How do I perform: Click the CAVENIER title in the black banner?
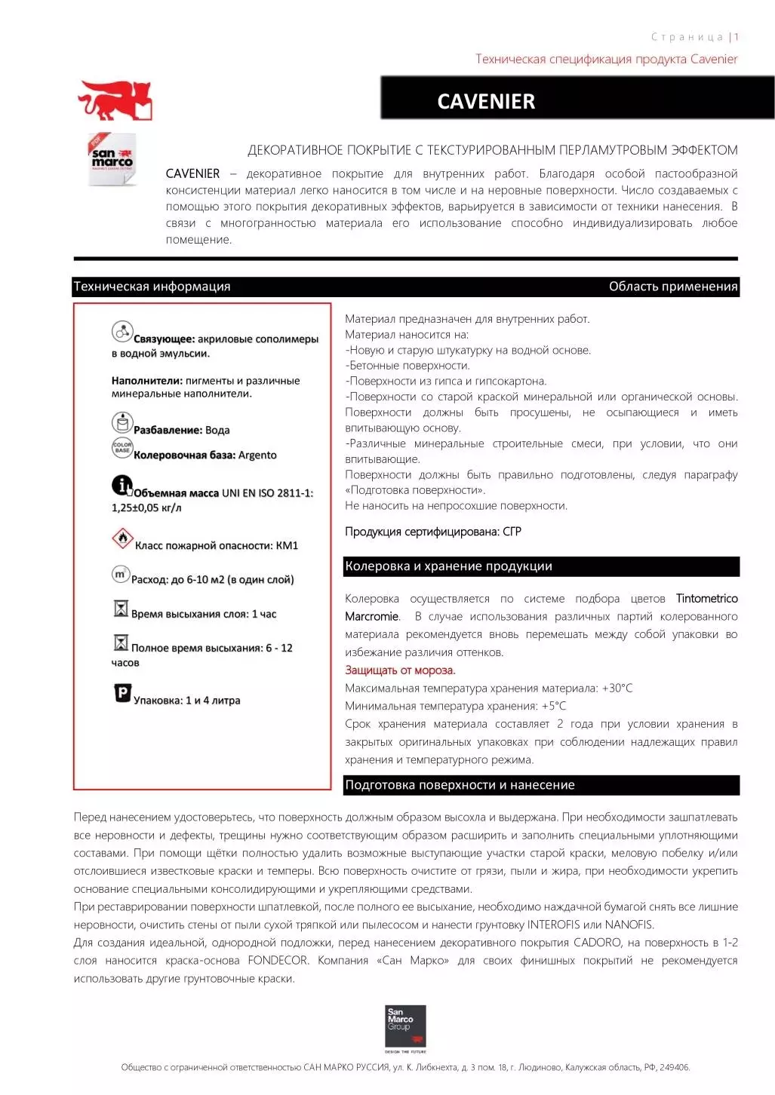pyautogui.click(x=486, y=101)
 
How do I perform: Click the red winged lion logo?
pyautogui.click(x=115, y=101)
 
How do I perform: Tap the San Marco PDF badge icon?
pyautogui.click(x=112, y=159)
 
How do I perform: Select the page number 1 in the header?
pyautogui.click(x=736, y=37)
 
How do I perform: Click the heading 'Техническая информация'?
pyautogui.click(x=152, y=287)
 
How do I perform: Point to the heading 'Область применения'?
pyautogui.click(x=672, y=287)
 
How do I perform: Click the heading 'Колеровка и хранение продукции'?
pyautogui.click(x=448, y=566)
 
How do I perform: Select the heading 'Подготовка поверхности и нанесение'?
pyautogui.click(x=460, y=785)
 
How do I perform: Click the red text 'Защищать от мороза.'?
pyautogui.click(x=400, y=670)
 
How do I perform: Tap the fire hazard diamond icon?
pyautogui.click(x=121, y=538)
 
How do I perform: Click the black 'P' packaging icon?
pyautogui.click(x=122, y=692)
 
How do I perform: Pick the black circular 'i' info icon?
pyautogui.click(x=121, y=485)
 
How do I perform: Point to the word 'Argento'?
pyautogui.click(x=257, y=455)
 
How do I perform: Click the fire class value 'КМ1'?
pyautogui.click(x=287, y=546)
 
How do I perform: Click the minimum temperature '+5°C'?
pyautogui.click(x=553, y=707)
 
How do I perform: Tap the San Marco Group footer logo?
pyautogui.click(x=405, y=1028)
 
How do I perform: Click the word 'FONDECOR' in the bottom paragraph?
pyautogui.click(x=278, y=961)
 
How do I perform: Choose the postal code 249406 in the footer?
pyautogui.click(x=674, y=1068)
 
